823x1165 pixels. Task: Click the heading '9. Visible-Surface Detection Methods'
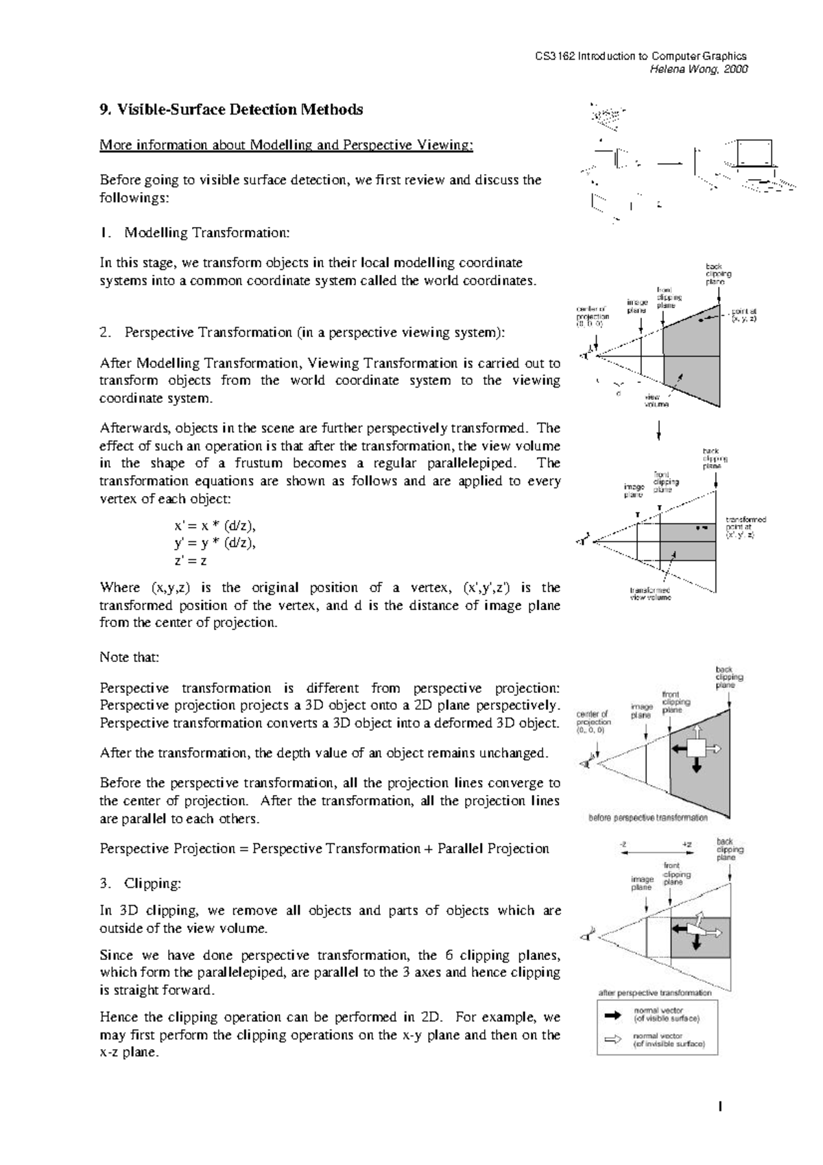[x=231, y=110]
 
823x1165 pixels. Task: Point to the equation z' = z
[x=191, y=561]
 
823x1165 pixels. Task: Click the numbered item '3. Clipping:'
[x=140, y=883]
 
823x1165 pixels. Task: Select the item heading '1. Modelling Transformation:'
[x=195, y=233]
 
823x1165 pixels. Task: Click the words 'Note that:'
[x=129, y=657]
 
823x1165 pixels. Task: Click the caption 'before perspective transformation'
[x=648, y=818]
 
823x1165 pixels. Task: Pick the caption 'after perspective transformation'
[x=655, y=993]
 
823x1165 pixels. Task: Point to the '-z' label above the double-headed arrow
[x=623, y=845]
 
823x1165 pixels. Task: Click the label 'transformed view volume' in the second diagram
[x=650, y=593]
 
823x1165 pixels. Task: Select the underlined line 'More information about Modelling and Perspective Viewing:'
[x=286, y=145]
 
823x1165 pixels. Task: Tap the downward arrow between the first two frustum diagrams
[x=659, y=430]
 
